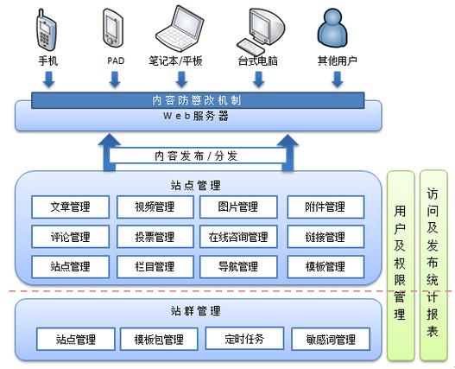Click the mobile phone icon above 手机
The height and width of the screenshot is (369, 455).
click(47, 29)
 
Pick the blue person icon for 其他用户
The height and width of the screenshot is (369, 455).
click(336, 29)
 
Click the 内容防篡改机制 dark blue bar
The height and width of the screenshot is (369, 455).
click(198, 100)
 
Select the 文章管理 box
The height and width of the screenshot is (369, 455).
click(71, 207)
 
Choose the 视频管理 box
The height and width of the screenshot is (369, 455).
click(154, 207)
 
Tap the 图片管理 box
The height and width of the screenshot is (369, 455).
click(238, 207)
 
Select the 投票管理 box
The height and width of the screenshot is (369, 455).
click(154, 237)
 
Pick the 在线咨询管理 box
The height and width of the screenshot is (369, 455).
click(238, 237)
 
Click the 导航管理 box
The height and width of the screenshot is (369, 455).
click(238, 266)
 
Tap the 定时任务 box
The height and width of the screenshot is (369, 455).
click(244, 338)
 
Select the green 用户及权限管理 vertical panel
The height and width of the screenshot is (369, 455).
click(400, 264)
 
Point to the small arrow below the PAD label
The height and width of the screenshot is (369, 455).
click(116, 80)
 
